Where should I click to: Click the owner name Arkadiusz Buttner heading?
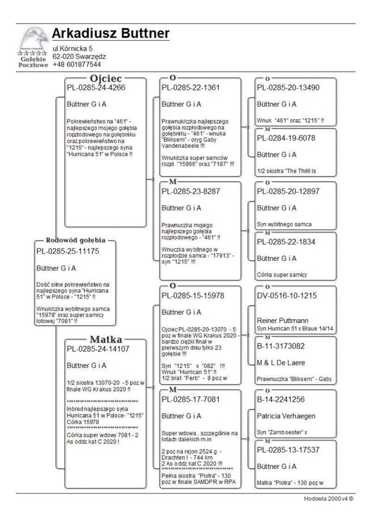pyautogui.click(x=111, y=33)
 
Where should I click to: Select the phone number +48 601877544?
pyautogui.click(x=77, y=64)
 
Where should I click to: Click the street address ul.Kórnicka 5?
pyautogui.click(x=72, y=48)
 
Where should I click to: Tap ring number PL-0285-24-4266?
pyautogui.click(x=96, y=87)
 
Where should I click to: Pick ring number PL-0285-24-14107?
pyautogui.click(x=98, y=349)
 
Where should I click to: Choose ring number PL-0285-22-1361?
pyautogui.click(x=191, y=87)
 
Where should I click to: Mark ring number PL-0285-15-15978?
pyautogui.click(x=193, y=295)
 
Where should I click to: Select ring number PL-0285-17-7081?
pyautogui.click(x=191, y=399)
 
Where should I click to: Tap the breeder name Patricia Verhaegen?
pyautogui.click(x=287, y=416)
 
